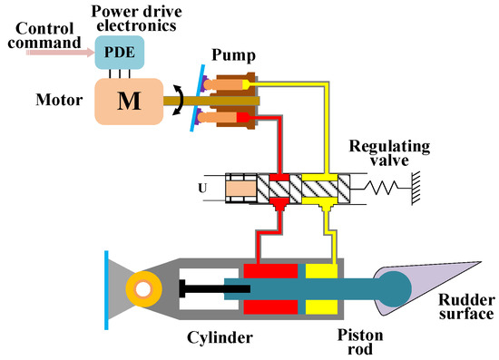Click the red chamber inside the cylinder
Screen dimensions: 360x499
click(269, 272)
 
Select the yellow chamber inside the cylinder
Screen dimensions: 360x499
click(321, 272)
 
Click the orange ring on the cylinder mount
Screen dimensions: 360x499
click(144, 289)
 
